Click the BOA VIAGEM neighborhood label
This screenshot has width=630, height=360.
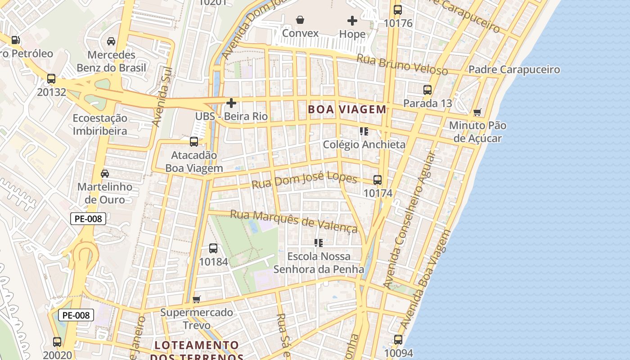[347, 109]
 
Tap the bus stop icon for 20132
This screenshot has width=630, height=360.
[51, 79]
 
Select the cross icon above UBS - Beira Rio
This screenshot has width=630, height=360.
[231, 103]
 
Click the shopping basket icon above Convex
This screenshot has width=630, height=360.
[300, 20]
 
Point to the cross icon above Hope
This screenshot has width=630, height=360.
[352, 20]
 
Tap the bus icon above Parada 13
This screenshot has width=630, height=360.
[427, 90]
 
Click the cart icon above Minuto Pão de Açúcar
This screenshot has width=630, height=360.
[477, 112]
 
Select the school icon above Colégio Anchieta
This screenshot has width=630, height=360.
[364, 131]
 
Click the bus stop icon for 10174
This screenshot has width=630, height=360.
[378, 180]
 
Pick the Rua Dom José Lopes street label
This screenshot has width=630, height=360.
[304, 181]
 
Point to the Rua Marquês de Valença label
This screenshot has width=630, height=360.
[294, 221]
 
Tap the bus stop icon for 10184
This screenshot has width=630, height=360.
[213, 248]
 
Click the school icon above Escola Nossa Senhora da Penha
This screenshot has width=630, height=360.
[319, 243]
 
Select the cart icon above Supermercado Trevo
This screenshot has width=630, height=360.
[197, 299]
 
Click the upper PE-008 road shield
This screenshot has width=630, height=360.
[88, 219]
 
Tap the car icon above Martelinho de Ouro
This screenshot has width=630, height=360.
[105, 173]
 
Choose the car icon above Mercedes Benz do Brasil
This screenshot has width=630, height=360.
[111, 41]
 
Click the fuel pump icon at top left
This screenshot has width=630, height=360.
[16, 40]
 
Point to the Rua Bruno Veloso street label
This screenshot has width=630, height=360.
[402, 64]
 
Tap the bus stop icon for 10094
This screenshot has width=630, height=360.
[398, 339]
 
